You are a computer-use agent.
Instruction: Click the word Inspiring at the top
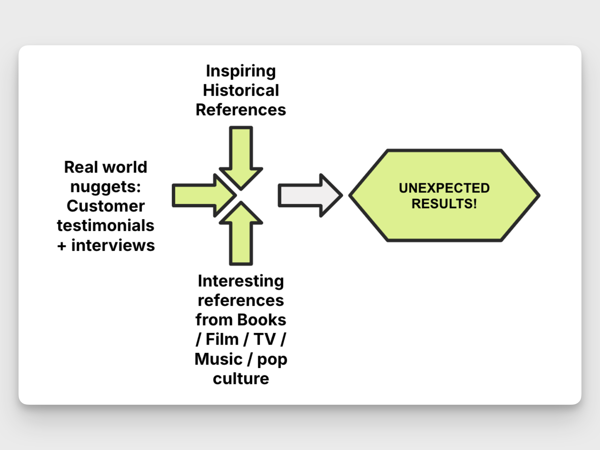pos(241,71)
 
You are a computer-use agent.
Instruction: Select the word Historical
pos(241,91)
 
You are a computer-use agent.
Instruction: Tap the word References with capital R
pos(241,110)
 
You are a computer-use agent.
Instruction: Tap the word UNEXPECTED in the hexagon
pos(444,188)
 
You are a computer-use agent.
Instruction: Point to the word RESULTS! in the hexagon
pos(444,204)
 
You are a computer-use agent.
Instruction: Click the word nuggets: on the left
pos(106,187)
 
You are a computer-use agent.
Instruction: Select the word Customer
pos(106,206)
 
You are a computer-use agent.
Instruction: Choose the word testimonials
pos(106,226)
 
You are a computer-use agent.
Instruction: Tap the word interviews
pos(113,245)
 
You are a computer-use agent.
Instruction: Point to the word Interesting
pos(241,281)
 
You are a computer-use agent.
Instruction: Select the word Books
pos(262,320)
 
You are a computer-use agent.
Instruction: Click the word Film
pos(222,339)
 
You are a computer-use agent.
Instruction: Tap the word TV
pos(265,339)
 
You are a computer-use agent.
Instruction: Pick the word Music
pos(218,359)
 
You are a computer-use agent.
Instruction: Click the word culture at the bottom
pos(241,379)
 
